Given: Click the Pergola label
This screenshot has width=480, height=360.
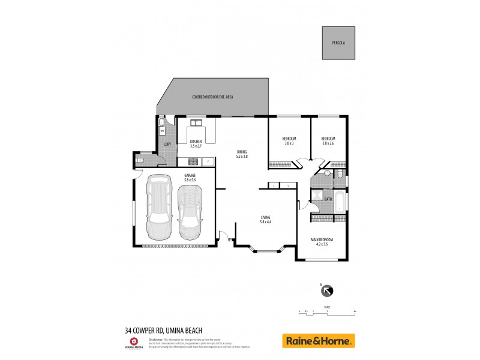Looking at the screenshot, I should point(338,43).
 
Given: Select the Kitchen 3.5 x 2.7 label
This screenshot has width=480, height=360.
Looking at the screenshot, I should point(196,143).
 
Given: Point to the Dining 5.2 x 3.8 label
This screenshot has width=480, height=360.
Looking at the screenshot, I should point(242,154).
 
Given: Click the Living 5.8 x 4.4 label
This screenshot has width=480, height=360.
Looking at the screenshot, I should point(265,219).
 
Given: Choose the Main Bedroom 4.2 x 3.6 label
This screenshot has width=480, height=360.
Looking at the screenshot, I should point(322,242).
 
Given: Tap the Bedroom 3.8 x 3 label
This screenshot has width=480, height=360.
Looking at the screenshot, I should point(289,141).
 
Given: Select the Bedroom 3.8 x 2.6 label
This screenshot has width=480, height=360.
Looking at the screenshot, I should point(328,141).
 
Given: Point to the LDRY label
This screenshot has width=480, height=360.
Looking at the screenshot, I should point(167,145).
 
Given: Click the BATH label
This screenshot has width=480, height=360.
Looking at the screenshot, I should point(328,199).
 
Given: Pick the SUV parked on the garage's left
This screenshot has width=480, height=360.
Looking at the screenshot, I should point(159,206).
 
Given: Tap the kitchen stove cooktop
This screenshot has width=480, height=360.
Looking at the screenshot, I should point(193,161).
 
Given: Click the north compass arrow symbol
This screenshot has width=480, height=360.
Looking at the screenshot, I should point(327,291).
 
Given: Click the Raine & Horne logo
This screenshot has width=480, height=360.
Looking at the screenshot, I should point(319,341).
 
